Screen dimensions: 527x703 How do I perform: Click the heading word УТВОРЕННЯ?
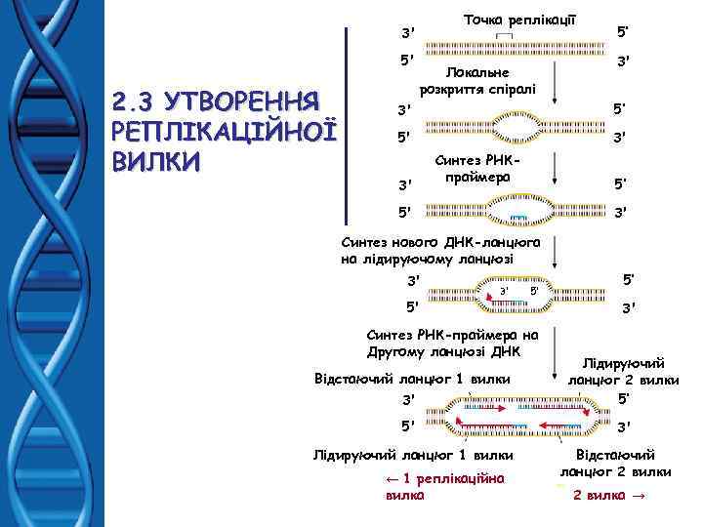pos(246,101)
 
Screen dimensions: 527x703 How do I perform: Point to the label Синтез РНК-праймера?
pos(472,172)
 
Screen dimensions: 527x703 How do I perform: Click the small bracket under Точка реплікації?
pos(504,37)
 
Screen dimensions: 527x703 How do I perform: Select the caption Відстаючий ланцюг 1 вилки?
pos(411,378)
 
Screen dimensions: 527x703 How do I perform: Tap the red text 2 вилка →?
pos(609,495)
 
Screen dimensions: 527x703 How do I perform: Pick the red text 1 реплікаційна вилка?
pos(444,486)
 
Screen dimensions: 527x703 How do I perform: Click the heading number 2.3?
pos(138,101)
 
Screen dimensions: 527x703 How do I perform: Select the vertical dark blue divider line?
pos(349,124)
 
